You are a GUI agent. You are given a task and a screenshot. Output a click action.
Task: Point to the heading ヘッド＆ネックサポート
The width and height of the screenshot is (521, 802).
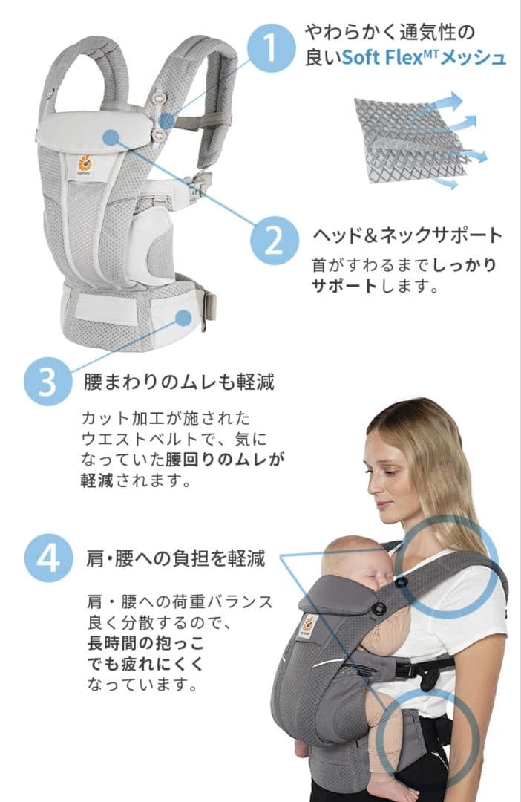click(407, 235)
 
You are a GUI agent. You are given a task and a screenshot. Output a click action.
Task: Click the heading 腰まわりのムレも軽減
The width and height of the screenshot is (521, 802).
click(179, 382)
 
